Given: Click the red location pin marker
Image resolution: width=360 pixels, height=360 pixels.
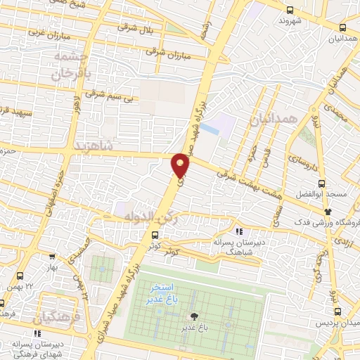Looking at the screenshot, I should pyautogui.click(x=181, y=165).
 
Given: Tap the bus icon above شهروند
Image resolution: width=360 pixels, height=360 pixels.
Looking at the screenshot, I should pyautogui.click(x=290, y=9).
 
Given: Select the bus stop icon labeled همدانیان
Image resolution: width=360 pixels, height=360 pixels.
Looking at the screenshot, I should pyautogui.click(x=342, y=27).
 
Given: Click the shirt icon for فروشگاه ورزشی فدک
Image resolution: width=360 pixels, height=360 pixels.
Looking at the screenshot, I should pyautogui.click(x=328, y=211).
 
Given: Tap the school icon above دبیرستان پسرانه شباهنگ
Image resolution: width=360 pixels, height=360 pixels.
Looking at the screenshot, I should pyautogui.click(x=239, y=231).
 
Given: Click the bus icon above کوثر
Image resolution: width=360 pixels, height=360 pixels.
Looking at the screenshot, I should pyautogui.click(x=154, y=236).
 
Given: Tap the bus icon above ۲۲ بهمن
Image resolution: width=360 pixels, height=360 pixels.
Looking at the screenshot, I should pyautogui.click(x=20, y=276).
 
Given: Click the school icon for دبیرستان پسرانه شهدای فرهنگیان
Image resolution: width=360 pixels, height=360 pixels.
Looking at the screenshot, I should pyautogui.click(x=37, y=333).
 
